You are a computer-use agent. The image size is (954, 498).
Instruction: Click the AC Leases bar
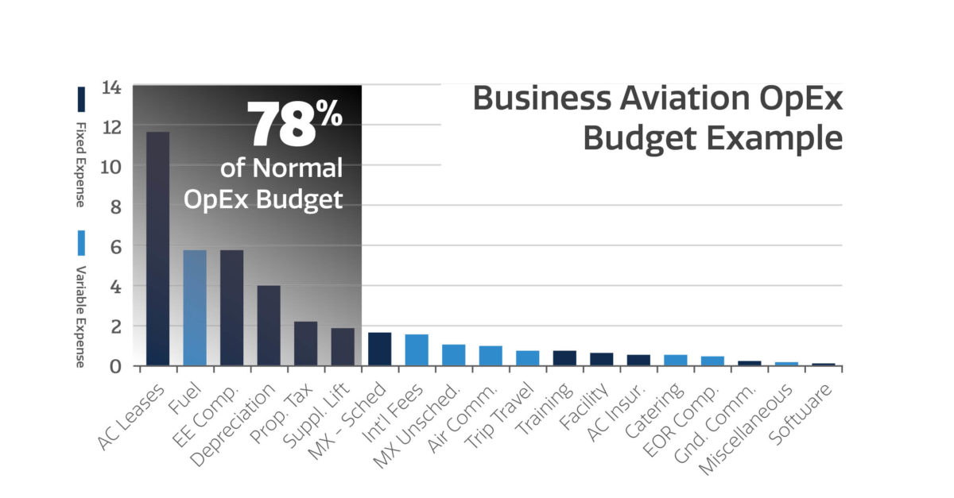157,249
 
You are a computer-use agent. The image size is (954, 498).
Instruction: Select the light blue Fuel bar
195,308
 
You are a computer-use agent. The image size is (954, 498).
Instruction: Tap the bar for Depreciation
269,326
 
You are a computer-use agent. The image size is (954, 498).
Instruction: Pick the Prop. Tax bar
305,343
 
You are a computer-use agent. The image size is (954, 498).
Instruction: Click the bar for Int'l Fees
417,350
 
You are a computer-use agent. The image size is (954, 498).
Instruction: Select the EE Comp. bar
231,308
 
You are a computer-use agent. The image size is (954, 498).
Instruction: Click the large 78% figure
293,125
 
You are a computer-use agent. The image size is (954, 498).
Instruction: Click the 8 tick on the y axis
115,207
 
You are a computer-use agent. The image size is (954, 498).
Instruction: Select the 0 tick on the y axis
115,366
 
